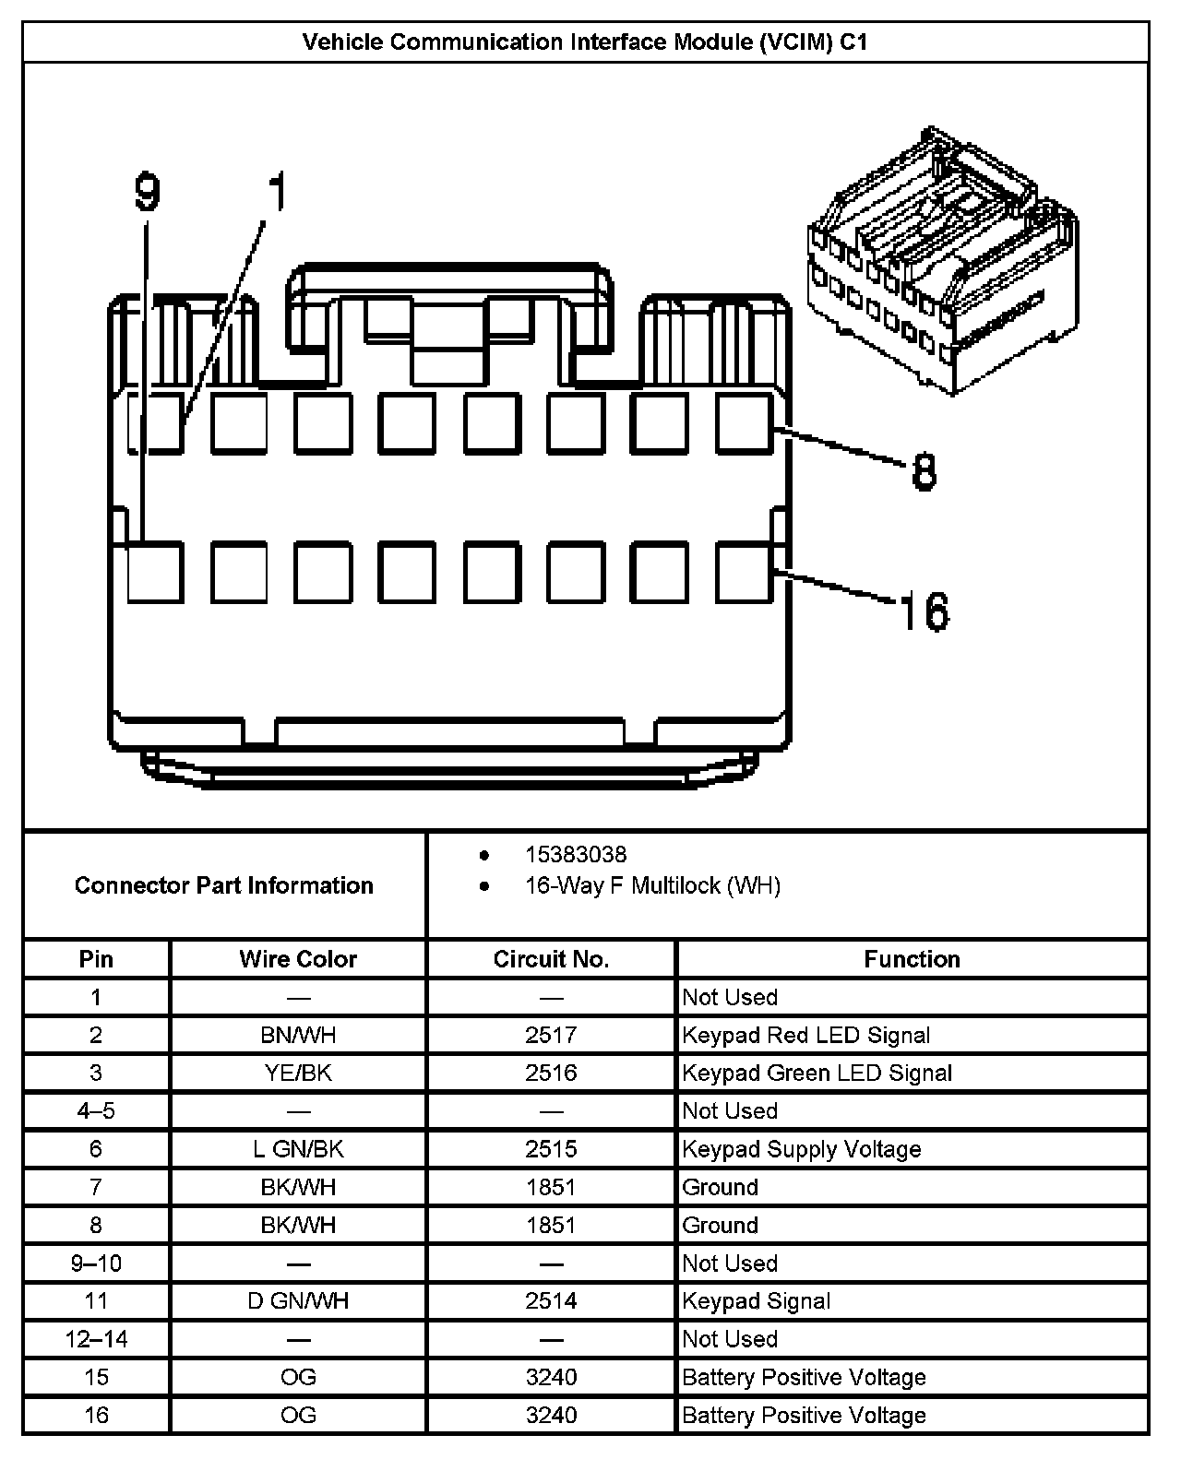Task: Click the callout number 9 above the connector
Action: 148,194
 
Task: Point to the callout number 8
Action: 924,471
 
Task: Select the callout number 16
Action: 923,611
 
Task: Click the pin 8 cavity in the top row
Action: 745,423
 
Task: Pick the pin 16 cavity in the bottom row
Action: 745,573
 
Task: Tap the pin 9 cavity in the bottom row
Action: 155,573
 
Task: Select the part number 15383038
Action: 576,855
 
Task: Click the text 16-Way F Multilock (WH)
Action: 652,886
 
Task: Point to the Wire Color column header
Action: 298,959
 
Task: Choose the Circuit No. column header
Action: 551,959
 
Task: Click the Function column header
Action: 912,959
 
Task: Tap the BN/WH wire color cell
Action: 298,1036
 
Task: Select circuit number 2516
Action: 551,1073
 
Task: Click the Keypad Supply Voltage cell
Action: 801,1149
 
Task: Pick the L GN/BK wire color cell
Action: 298,1149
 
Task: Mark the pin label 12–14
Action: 96,1339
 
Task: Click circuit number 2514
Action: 551,1301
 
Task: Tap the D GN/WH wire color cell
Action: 298,1301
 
